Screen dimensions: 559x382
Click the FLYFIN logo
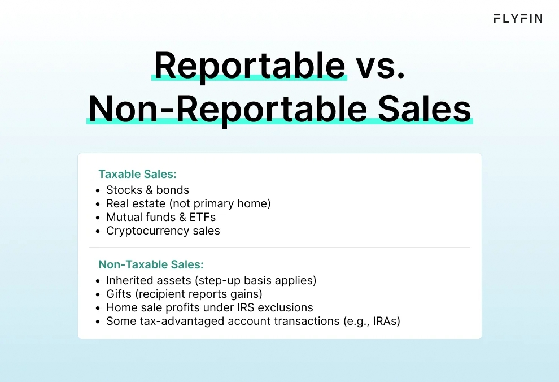click(x=518, y=19)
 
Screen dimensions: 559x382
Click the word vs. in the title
click(x=381, y=66)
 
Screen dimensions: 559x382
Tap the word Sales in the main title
click(x=424, y=109)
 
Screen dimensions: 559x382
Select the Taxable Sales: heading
click(x=137, y=174)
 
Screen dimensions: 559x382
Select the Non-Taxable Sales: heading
click(x=151, y=264)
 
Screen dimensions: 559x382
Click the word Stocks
click(x=124, y=190)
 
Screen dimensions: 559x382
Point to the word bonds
click(x=173, y=190)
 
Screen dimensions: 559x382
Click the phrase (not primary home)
click(x=220, y=203)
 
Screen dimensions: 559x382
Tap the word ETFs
click(x=203, y=217)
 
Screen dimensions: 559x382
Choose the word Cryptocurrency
click(x=148, y=231)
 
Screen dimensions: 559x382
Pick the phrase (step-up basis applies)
click(x=255, y=280)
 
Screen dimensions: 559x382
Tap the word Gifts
click(x=119, y=294)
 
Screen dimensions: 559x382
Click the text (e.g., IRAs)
click(x=372, y=322)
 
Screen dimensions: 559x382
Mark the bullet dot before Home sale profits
click(x=98, y=309)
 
